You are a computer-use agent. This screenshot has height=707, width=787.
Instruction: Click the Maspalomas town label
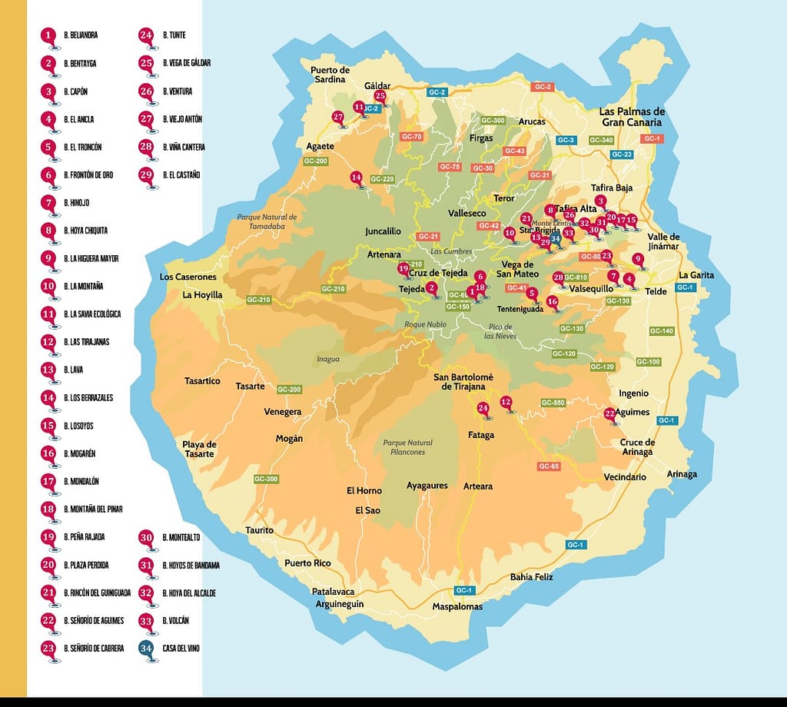coord(457,606)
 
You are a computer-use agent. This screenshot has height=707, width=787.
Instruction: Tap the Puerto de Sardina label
coord(330,75)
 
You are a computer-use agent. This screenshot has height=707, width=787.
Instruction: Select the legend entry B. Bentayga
coord(80,63)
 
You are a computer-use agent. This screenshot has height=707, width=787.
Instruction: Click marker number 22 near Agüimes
coord(610,413)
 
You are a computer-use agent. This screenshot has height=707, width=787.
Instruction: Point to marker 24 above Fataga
coord(483,408)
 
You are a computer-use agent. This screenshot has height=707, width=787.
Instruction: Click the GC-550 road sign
coord(553,403)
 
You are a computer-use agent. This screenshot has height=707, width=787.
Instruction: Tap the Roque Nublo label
coord(425,324)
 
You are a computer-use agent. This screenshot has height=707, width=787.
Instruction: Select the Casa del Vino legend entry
coord(181,649)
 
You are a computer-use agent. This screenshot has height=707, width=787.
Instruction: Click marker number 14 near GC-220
coord(356,178)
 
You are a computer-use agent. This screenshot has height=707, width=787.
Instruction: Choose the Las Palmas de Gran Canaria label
coord(632,117)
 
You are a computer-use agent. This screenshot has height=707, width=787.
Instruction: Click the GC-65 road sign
coord(549,466)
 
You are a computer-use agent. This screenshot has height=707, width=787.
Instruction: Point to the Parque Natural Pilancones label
coord(407,447)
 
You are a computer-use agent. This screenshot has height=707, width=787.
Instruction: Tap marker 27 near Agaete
coord(338,118)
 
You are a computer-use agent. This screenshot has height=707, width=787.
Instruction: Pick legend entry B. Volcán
coord(175,620)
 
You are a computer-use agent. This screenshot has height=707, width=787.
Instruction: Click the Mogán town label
coord(289,439)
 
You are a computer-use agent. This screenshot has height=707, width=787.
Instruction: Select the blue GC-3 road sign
coord(566,140)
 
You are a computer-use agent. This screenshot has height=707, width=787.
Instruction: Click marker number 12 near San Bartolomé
coord(506,402)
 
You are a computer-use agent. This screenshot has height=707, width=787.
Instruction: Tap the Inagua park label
coord(327,359)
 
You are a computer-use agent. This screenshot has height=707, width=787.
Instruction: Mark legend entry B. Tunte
coord(174,35)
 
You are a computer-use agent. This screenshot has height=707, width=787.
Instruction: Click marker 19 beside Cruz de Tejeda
coord(403,269)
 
